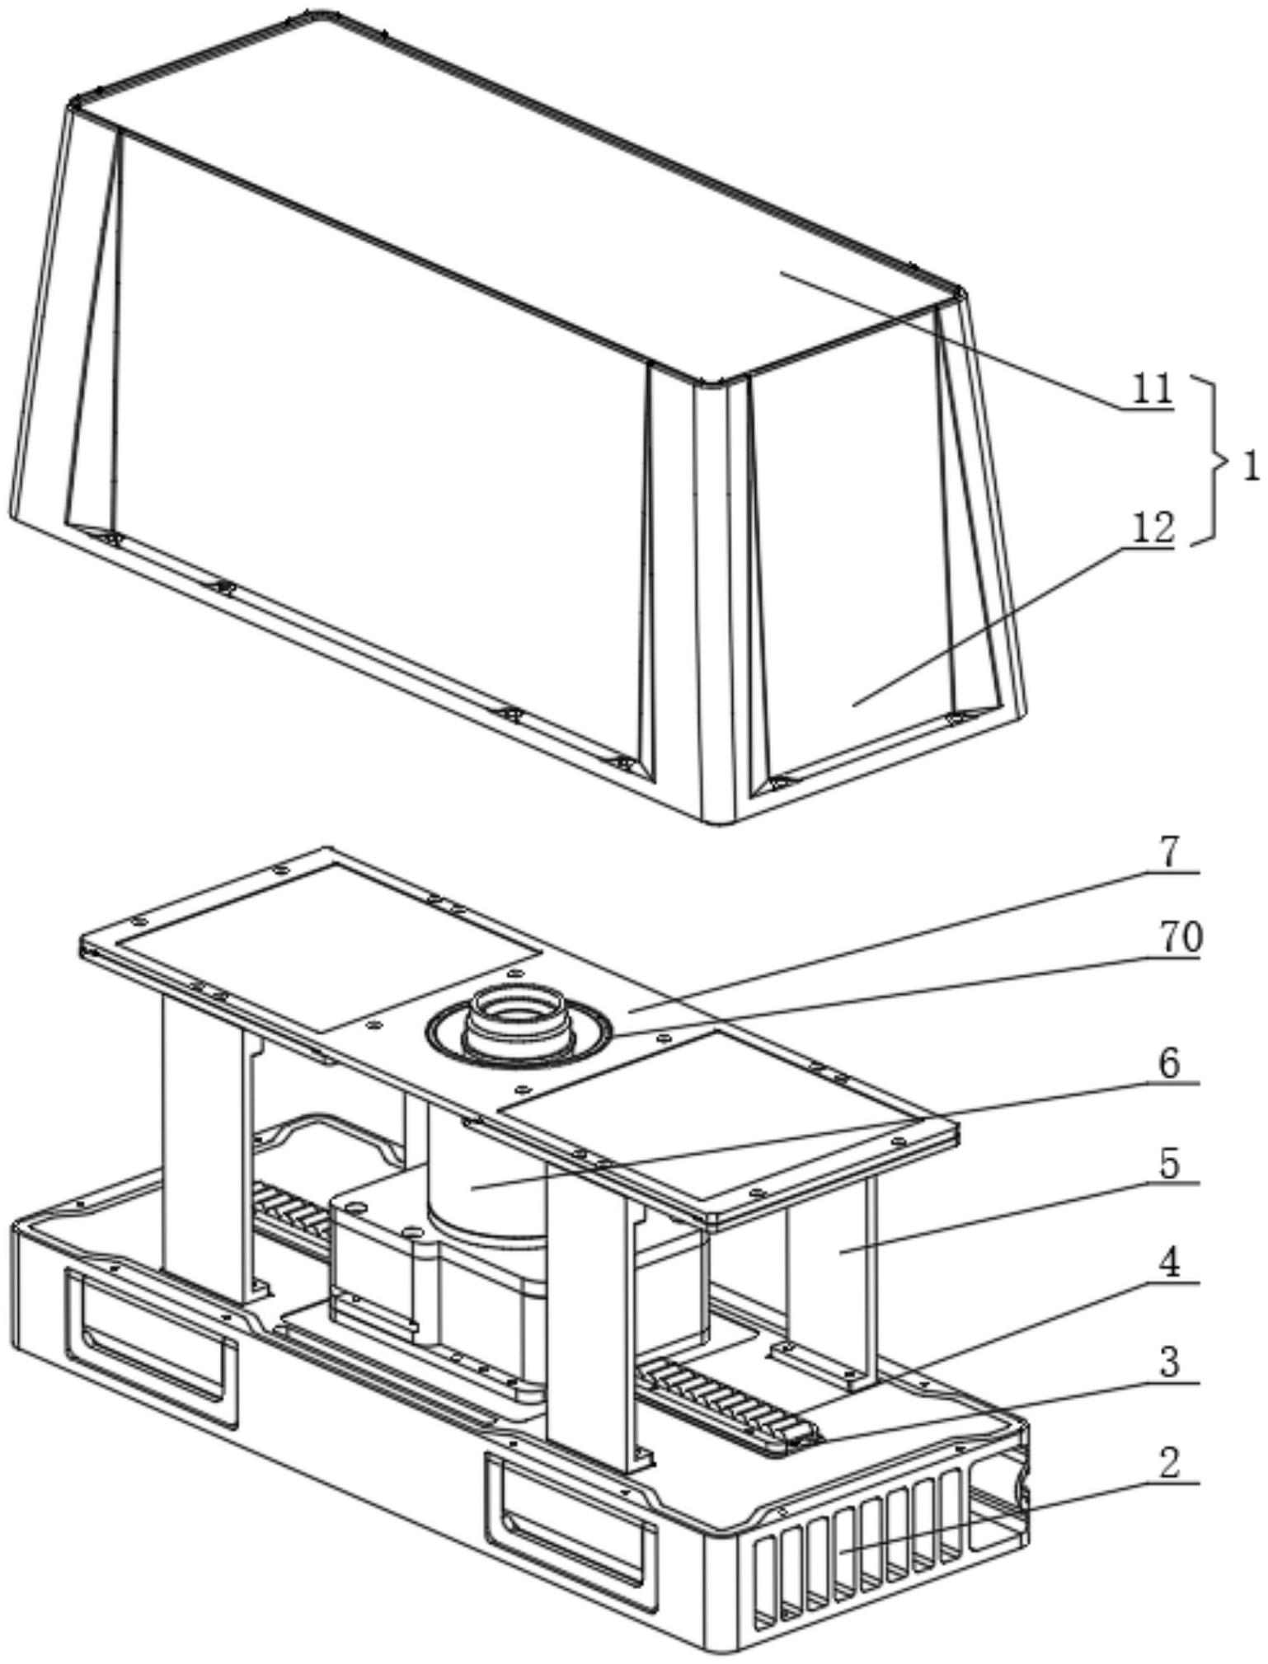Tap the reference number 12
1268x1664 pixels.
click(1152, 528)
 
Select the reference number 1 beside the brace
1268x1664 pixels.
click(1250, 467)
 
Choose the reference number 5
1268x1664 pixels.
click(1180, 1164)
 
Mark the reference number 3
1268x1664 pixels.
click(1180, 1362)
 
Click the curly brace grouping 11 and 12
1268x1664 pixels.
click(1211, 459)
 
